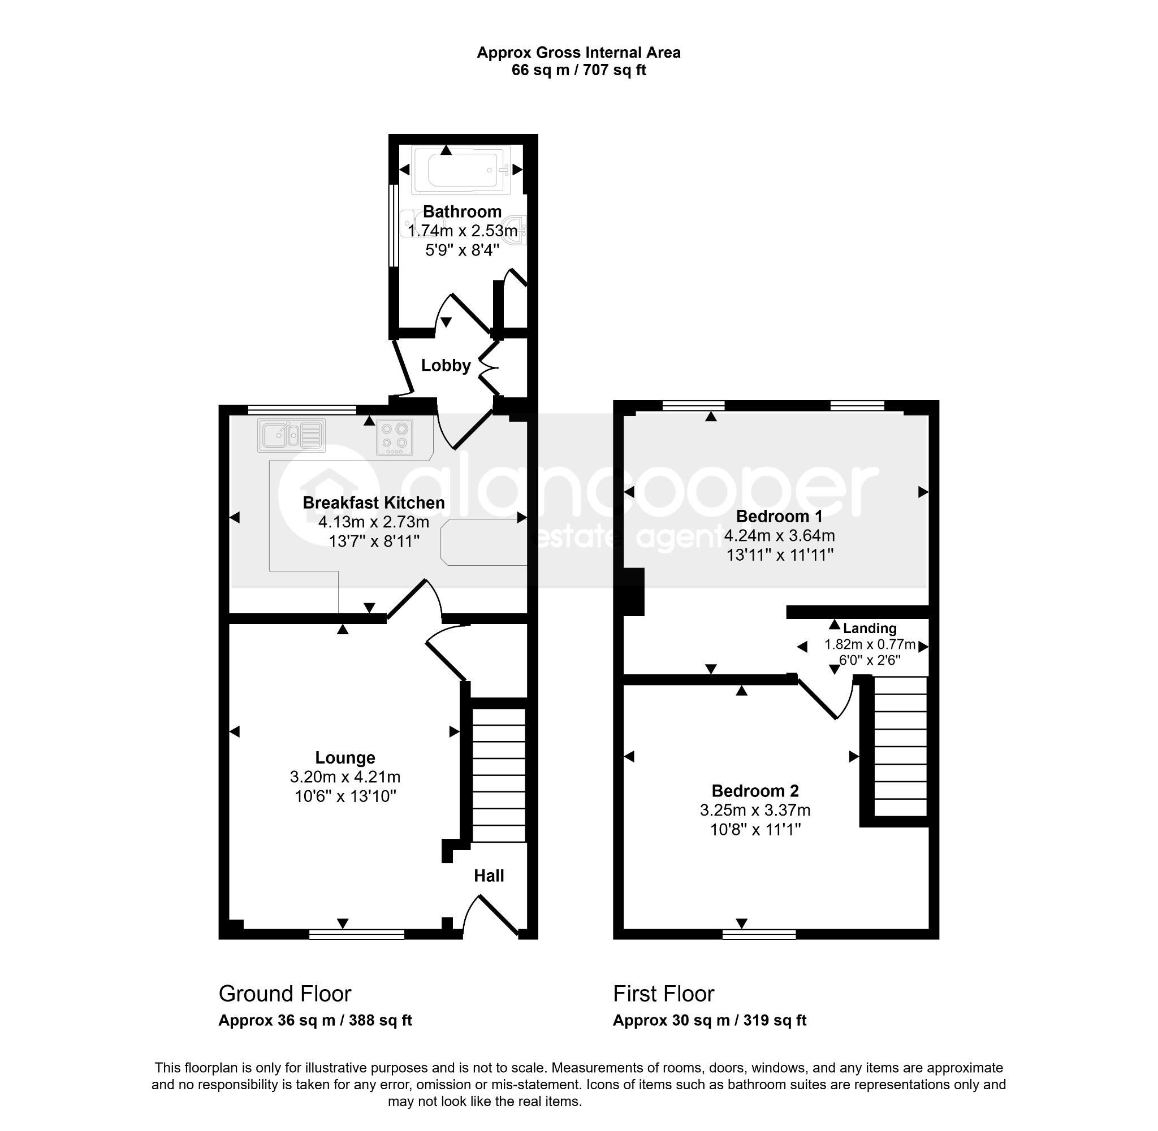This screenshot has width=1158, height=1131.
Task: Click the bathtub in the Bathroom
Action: (x=461, y=171)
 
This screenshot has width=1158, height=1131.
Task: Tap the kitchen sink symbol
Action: (x=292, y=435)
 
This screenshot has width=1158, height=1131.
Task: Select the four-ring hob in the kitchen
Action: (x=395, y=436)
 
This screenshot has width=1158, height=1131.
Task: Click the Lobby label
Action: (x=446, y=365)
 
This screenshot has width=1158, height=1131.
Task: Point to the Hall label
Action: (x=489, y=876)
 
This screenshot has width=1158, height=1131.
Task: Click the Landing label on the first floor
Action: (x=870, y=628)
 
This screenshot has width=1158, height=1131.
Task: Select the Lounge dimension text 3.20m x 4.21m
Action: (x=345, y=777)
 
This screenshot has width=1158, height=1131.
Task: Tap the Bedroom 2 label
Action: (x=755, y=791)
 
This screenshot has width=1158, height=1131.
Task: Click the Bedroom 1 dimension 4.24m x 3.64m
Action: (x=780, y=536)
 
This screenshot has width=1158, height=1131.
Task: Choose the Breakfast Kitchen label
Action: (x=374, y=502)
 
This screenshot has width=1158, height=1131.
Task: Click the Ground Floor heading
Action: (x=285, y=993)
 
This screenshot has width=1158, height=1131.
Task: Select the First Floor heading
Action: (x=664, y=993)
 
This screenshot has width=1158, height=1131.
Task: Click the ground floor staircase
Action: (x=499, y=774)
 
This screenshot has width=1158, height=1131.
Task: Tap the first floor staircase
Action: (x=901, y=746)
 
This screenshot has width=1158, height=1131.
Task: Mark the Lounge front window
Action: (x=356, y=934)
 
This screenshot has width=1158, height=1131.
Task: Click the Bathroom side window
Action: (x=393, y=226)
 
